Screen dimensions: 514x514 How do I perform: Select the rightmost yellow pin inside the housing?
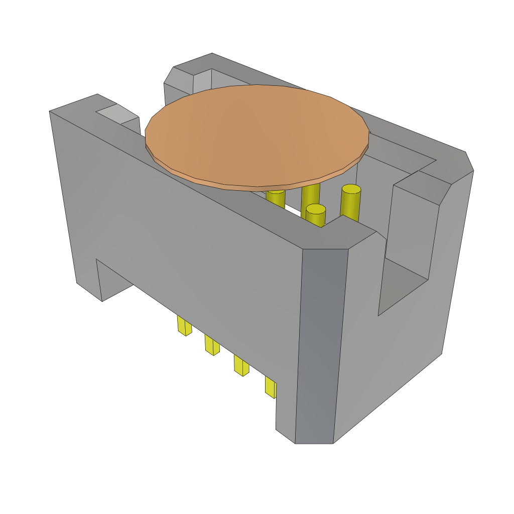[x=350, y=203]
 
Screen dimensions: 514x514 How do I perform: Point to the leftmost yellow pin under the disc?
[x=276, y=198]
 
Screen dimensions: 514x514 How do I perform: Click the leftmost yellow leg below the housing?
[x=184, y=326]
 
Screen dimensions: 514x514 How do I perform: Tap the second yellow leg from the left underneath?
[x=212, y=345]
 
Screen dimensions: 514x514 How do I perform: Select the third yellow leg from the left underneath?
[x=241, y=365]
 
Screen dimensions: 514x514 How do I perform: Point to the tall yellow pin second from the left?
[x=310, y=196]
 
